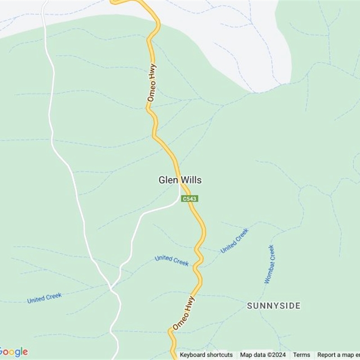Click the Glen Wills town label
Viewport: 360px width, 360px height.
[180, 180]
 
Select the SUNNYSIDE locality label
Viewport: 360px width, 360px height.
[274, 306]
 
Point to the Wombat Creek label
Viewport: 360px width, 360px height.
[269, 264]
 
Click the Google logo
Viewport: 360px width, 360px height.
[13, 352]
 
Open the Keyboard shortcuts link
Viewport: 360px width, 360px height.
[206, 355]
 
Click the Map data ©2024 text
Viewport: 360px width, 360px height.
[263, 355]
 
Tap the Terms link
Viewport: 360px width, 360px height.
[301, 355]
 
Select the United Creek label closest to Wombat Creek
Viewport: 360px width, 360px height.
[234, 241]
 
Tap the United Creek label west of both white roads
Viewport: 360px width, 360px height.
[44, 298]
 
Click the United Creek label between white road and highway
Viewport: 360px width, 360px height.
[172, 261]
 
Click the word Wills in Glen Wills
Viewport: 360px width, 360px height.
[192, 180]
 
